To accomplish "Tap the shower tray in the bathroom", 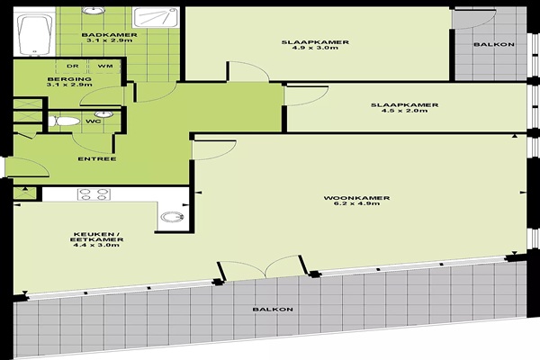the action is pyautogui.click(x=157, y=18).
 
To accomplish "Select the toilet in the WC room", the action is pyautogui.click(x=64, y=121).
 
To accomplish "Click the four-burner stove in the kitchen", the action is pyautogui.click(x=94, y=194).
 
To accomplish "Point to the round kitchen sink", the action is pyautogui.click(x=172, y=217).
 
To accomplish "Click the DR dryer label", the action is pyautogui.click(x=73, y=66).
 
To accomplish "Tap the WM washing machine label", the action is pyautogui.click(x=105, y=66).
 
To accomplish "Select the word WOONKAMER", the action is pyautogui.click(x=356, y=198).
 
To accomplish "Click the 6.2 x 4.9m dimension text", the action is pyautogui.click(x=356, y=203).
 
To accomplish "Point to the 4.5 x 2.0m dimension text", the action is pyautogui.click(x=405, y=111).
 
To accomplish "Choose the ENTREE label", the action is pyautogui.click(x=97, y=159).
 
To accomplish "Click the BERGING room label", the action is pyautogui.click(x=69, y=79).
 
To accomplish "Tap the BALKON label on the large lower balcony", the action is pyautogui.click(x=273, y=310).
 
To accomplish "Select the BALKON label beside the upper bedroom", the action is pyautogui.click(x=494, y=44).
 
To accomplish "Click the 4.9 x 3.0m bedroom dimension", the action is pyautogui.click(x=315, y=48).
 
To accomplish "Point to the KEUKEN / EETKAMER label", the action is pyautogui.click(x=97, y=237).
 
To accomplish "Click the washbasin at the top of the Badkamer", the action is pyautogui.click(x=94, y=10).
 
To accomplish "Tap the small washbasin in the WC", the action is pyautogui.click(x=103, y=114).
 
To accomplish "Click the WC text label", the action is pyautogui.click(x=94, y=121).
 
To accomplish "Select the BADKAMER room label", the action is pyautogui.click(x=110, y=35).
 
